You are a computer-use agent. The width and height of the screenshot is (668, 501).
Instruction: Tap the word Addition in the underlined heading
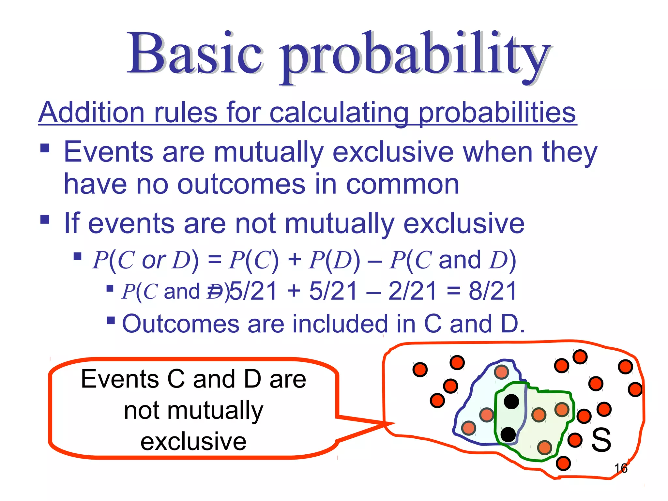pyautogui.click(x=92, y=113)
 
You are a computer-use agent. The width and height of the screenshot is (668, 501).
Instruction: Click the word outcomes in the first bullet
pyautogui.click(x=241, y=185)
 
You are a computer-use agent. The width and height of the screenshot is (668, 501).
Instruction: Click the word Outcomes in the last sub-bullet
pyautogui.click(x=181, y=324)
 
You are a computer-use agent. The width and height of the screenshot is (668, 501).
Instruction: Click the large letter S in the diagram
pyautogui.click(x=601, y=440)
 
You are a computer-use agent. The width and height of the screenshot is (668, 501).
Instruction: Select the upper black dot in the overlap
pyautogui.click(x=511, y=402)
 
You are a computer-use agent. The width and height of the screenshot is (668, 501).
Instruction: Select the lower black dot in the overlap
pyautogui.click(x=508, y=434)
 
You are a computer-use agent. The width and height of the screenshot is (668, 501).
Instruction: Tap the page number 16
pyautogui.click(x=620, y=468)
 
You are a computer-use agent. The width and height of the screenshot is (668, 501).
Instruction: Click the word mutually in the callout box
pyautogui.click(x=193, y=411)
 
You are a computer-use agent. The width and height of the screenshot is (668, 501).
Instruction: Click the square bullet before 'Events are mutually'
pyautogui.click(x=45, y=148)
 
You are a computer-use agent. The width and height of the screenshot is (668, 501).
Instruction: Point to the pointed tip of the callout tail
pyautogui.click(x=395, y=423)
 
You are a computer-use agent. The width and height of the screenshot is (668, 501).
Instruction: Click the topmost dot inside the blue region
pyautogui.click(x=501, y=372)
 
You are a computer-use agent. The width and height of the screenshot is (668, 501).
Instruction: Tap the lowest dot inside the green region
pyautogui.click(x=544, y=448)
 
